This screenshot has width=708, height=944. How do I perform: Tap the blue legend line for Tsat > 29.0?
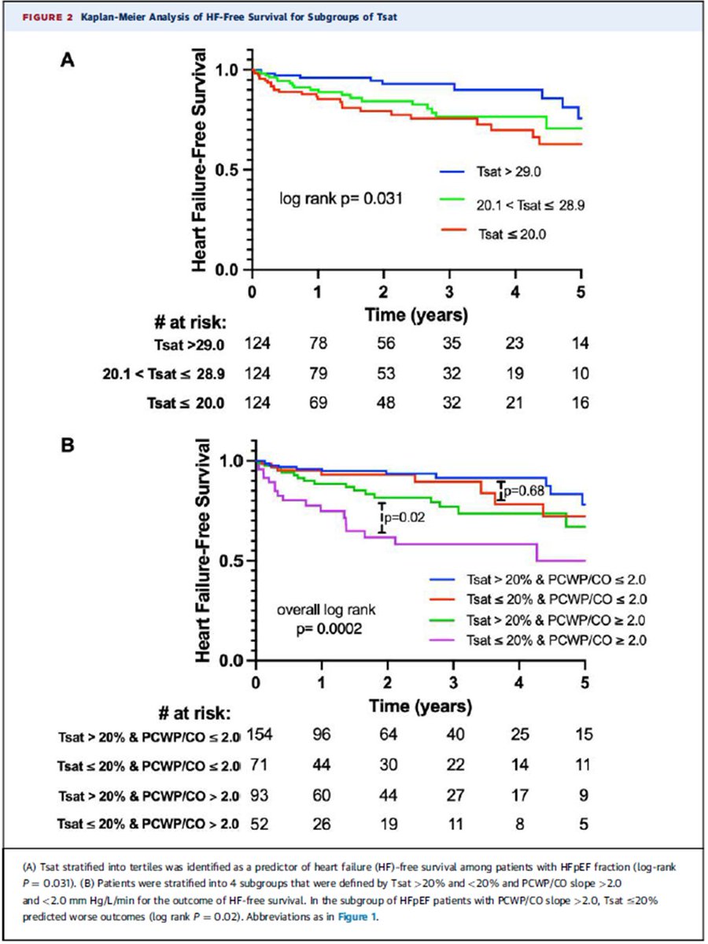point(452,169)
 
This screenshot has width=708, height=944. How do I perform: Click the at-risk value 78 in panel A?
point(317,343)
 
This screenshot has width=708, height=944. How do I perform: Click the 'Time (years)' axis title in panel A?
point(417,315)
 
